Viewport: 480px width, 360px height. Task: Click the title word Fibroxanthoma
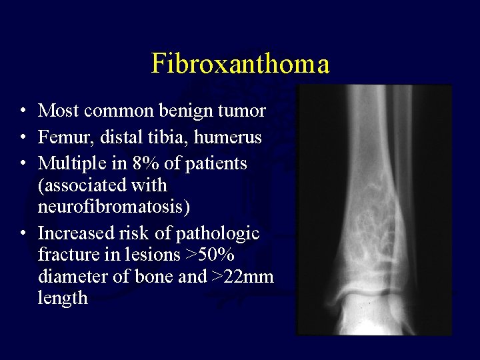pos(240,64)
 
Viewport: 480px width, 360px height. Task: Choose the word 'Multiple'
pos(69,163)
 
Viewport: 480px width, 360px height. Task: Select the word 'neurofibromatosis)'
pos(114,206)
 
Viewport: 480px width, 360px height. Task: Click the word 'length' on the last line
pos(63,297)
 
